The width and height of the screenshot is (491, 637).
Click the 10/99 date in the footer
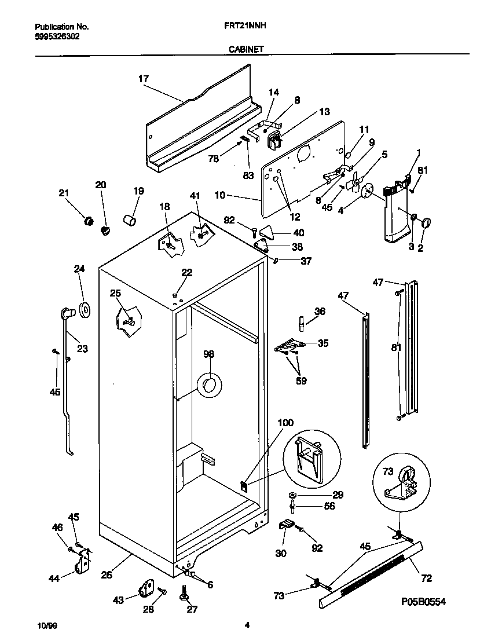(x=46, y=625)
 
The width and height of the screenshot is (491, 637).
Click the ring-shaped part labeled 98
(x=209, y=385)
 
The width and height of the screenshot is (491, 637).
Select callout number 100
(x=285, y=423)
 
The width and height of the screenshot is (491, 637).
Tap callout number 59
(x=301, y=380)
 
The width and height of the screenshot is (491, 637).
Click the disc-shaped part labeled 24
(x=85, y=309)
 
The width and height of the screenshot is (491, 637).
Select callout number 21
(x=63, y=193)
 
